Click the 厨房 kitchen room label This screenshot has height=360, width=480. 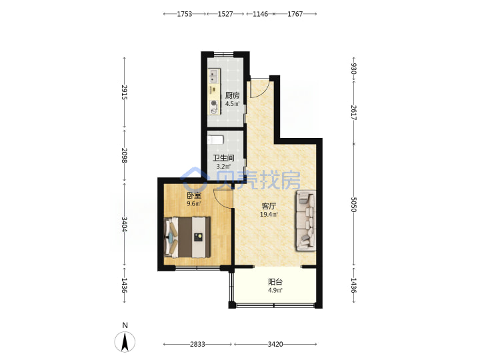(233, 95)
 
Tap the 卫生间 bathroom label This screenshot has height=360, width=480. (224, 158)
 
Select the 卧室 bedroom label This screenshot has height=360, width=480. (194, 195)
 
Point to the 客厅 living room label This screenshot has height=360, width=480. (269, 206)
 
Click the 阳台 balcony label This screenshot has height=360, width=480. (275, 281)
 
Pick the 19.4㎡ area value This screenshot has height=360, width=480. (269, 214)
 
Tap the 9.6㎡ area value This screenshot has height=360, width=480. (194, 203)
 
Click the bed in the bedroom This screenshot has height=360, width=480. (187, 237)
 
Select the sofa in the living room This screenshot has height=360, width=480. (305, 221)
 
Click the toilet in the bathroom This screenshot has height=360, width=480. (215, 140)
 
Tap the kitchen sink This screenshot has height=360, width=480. (214, 76)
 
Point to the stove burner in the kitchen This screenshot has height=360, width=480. (214, 104)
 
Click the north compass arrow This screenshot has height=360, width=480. (125, 341)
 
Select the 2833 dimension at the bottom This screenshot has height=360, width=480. (197, 345)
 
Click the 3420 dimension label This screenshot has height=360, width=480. (275, 345)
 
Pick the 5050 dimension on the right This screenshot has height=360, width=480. (353, 205)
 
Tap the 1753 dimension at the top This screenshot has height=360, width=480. (185, 14)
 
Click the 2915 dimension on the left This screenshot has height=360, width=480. (124, 92)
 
